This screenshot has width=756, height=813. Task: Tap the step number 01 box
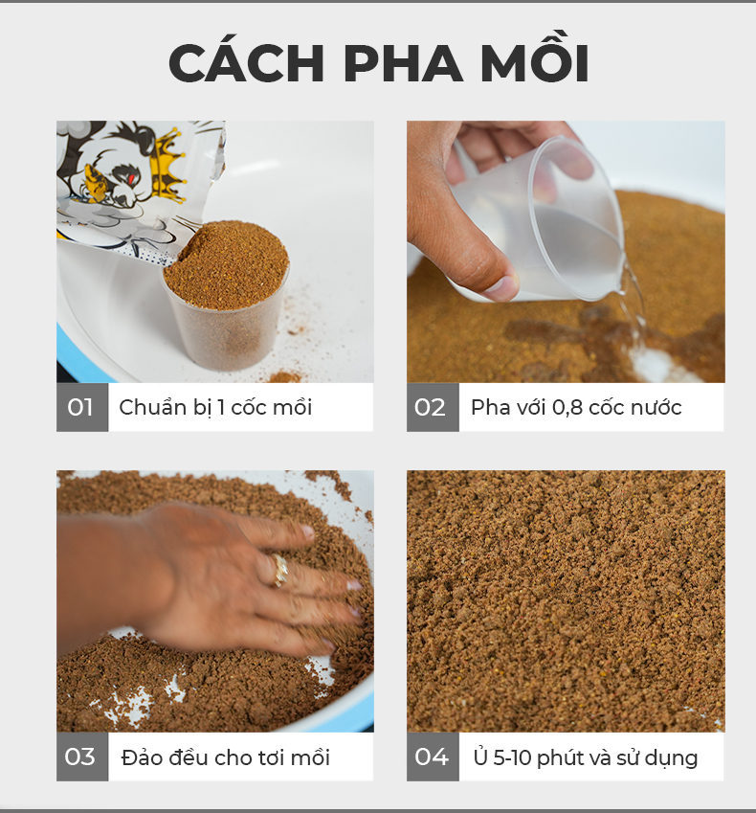pyautogui.click(x=82, y=407)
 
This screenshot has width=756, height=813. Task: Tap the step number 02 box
pyautogui.click(x=433, y=407)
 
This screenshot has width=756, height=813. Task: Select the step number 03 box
pyautogui.click(x=82, y=757)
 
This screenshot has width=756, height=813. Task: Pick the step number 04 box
pyautogui.click(x=433, y=757)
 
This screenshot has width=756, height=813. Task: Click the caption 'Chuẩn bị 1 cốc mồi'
pyautogui.click(x=215, y=408)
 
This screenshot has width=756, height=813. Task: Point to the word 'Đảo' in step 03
pyautogui.click(x=139, y=757)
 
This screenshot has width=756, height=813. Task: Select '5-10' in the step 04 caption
pyautogui.click(x=513, y=758)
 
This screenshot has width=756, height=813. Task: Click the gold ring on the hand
pyautogui.click(x=279, y=571)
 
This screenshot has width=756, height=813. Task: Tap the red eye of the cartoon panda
pyautogui.click(x=132, y=179)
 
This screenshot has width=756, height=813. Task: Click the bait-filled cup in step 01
pyautogui.click(x=227, y=294)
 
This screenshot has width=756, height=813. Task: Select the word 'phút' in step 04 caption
pyautogui.click(x=560, y=758)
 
